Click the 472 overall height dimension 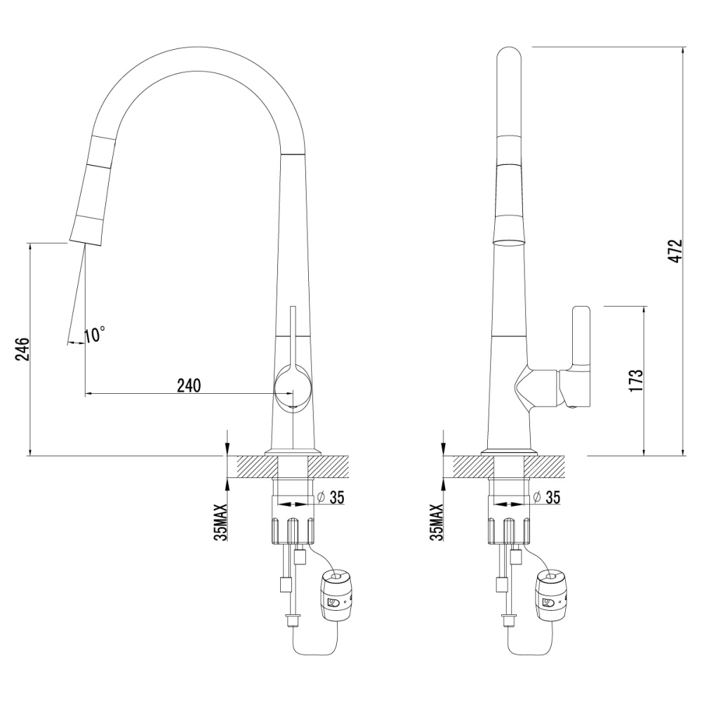tap(674, 251)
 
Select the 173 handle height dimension tap(637, 380)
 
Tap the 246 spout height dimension tap(21, 350)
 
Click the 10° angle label tap(94, 335)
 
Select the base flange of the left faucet tap(292, 451)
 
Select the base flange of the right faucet tap(508, 451)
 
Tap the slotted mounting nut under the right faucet tap(508, 531)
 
